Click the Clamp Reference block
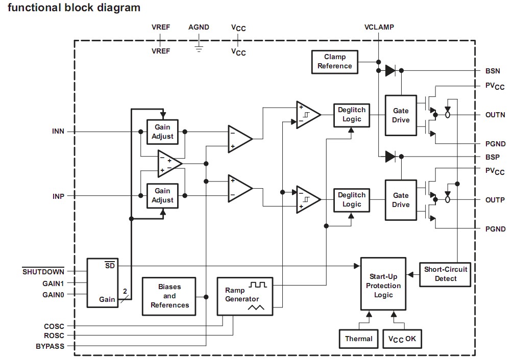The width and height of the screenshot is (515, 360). coord(335,62)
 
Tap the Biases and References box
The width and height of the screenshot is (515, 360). coord(169,296)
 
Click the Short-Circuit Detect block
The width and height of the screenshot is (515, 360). coord(445,274)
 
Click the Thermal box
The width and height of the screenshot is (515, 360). coord(359,339)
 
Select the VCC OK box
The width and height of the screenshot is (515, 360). coord(402,339)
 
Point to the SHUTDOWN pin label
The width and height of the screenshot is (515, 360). coord(43,272)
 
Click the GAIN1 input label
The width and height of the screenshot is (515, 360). coord(53,283)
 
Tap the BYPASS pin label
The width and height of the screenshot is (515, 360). coord(50,346)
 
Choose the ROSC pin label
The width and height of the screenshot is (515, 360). coord(54,336)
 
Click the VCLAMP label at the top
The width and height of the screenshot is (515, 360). coord(379,27)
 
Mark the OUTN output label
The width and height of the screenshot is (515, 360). coord(495,115)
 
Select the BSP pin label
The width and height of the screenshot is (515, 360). coord(493,157)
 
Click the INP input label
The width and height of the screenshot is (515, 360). coord(59,196)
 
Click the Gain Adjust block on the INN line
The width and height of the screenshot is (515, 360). coord(162,132)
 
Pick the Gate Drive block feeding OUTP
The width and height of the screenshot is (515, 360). coord(401,199)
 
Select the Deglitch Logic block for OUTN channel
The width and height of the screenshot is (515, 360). coord(352,115)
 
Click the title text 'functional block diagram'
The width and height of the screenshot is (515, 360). coord(73,8)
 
